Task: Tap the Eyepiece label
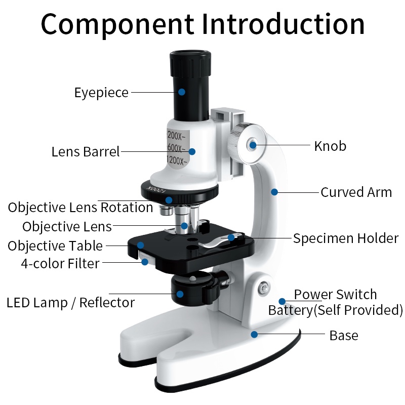(101, 93)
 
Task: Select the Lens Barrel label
(86, 151)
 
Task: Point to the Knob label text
(330, 146)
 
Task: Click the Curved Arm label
(356, 192)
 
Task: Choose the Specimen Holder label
(346, 238)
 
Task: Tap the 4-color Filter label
(60, 263)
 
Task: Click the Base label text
(344, 335)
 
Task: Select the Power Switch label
(335, 294)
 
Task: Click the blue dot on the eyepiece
(181, 92)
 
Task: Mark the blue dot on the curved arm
(274, 192)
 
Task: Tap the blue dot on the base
(254, 334)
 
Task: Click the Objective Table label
(55, 246)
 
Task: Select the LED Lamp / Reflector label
(70, 303)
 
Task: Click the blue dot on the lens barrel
(192, 151)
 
